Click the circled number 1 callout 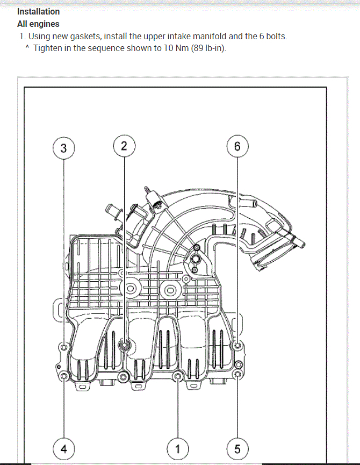pyautogui.click(x=178, y=448)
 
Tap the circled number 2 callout pyautogui.click(x=124, y=146)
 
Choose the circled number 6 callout pyautogui.click(x=238, y=146)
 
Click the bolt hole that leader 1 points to pyautogui.click(x=178, y=376)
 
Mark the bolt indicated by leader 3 pyautogui.click(x=64, y=347)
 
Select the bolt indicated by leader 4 pyautogui.click(x=64, y=375)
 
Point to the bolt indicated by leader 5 pyautogui.click(x=238, y=375)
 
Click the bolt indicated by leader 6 pyautogui.click(x=238, y=347)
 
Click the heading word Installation pyautogui.click(x=39, y=11)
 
